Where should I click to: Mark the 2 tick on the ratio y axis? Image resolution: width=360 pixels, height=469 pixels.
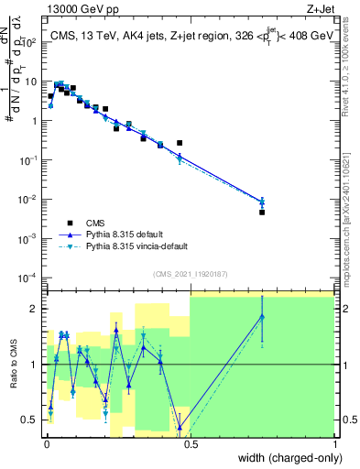click(x=36, y=309)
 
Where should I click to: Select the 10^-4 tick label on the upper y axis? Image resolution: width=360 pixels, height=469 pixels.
click(x=30, y=278)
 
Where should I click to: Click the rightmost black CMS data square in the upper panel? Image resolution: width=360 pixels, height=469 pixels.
click(x=262, y=213)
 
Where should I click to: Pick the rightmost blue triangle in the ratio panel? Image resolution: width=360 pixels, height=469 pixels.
click(x=262, y=317)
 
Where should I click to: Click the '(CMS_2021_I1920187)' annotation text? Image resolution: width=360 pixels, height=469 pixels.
click(x=190, y=272)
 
